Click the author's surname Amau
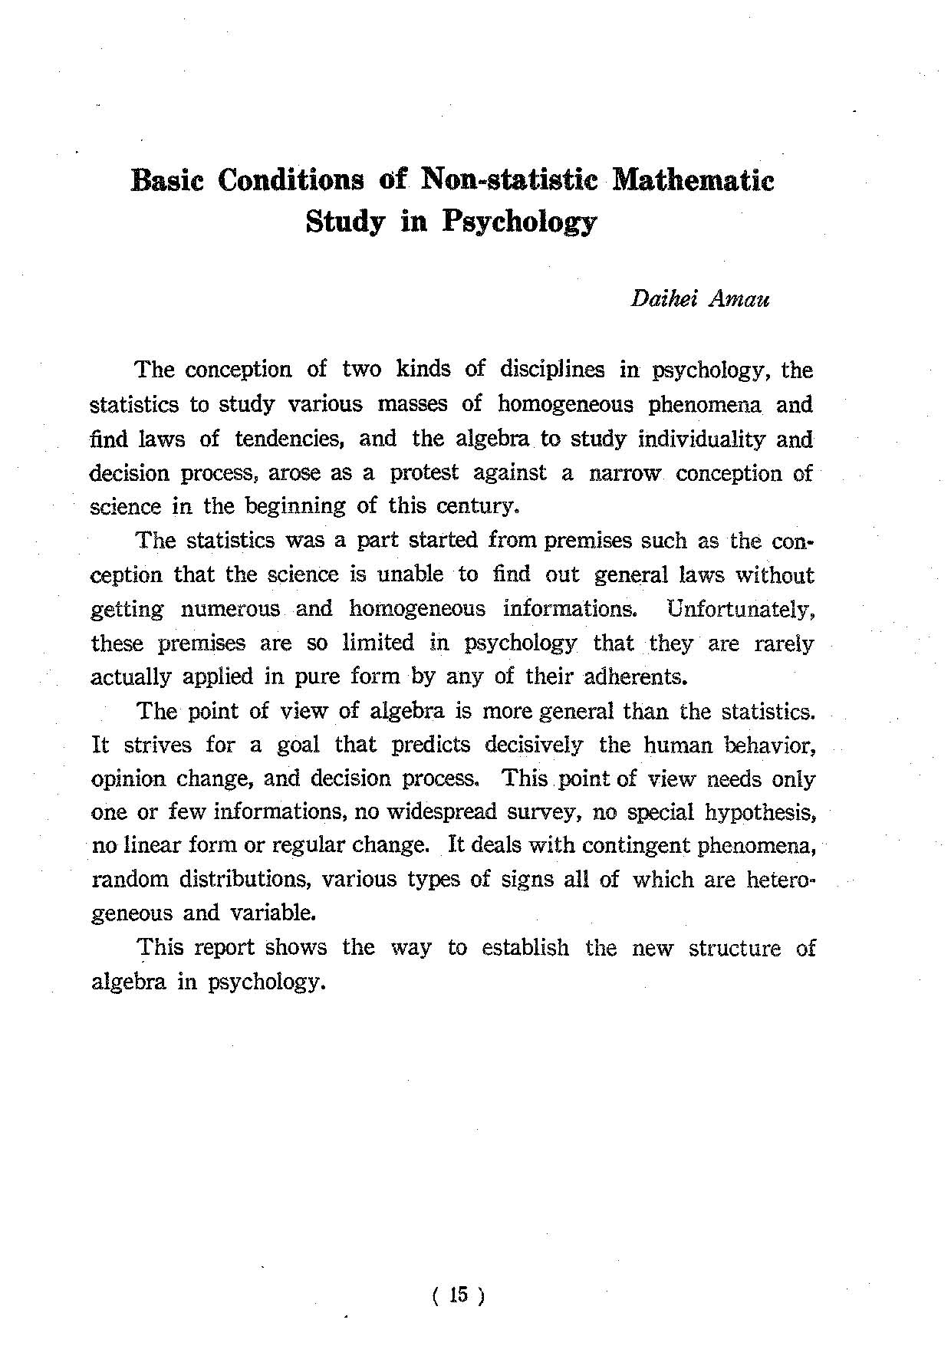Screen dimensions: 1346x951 point(740,298)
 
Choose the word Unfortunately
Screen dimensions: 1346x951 point(740,609)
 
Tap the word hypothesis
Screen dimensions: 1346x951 point(761,812)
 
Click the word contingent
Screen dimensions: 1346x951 point(637,845)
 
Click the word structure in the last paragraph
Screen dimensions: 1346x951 point(734,948)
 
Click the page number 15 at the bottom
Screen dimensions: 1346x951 point(459,1295)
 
